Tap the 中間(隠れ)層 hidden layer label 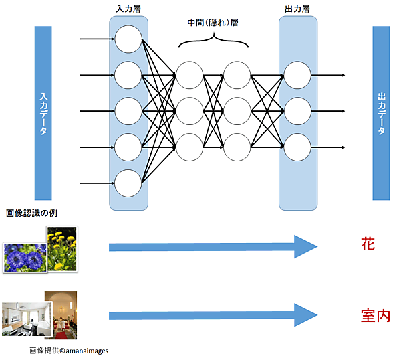click(213, 22)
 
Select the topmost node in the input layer click(128, 39)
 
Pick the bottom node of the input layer click(128, 183)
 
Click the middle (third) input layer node click(128, 111)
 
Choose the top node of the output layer click(297, 75)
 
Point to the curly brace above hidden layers click(213, 42)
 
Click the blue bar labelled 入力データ click(43, 113)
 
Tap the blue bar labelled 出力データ click(381, 113)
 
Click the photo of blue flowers click(24, 257)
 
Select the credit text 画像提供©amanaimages click(69, 351)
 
